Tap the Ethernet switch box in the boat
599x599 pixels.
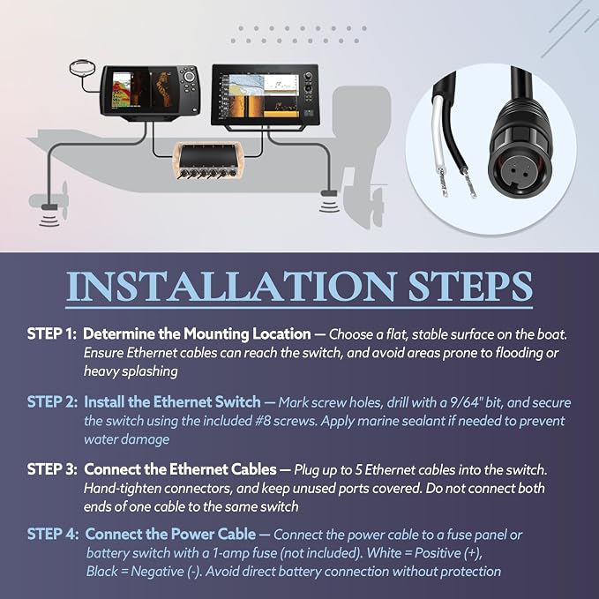[x=208, y=160]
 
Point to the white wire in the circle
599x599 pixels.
[x=439, y=142]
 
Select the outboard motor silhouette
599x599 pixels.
[x=360, y=153]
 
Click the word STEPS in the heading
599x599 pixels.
[x=471, y=287]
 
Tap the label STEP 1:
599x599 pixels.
[x=52, y=333]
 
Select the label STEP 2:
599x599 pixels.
[x=52, y=402]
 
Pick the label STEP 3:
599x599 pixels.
[x=52, y=469]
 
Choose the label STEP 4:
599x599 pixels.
[x=53, y=534]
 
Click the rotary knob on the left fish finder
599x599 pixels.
[x=188, y=77]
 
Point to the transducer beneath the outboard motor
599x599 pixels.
[x=329, y=194]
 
